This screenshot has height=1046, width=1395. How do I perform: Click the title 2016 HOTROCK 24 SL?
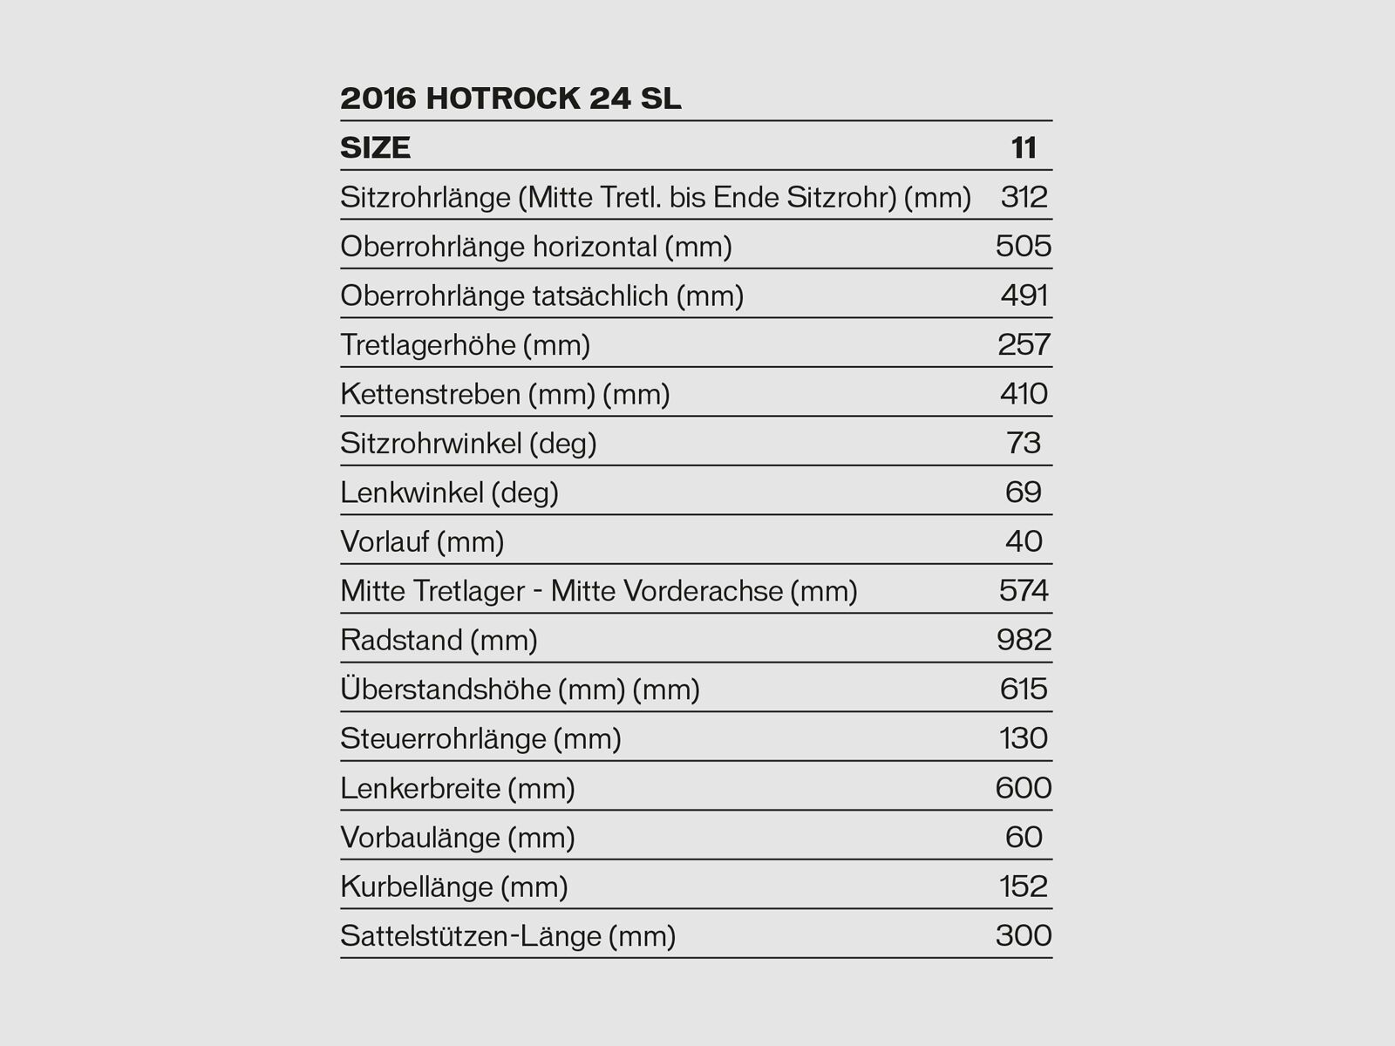coord(510,98)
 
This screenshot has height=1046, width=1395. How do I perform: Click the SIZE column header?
coord(375,147)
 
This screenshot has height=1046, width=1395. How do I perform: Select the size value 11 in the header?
coord(1024,147)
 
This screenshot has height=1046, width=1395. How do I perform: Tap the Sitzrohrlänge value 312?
coord(1024,197)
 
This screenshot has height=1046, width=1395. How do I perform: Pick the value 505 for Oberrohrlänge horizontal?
coord(1024,247)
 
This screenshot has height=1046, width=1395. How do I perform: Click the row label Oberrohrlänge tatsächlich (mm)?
coord(541,296)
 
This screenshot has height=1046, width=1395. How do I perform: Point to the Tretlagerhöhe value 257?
coord(1024,345)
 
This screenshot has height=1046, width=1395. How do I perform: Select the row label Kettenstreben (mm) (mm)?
coord(505,395)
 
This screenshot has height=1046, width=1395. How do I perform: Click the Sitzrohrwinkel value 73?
coord(1024,444)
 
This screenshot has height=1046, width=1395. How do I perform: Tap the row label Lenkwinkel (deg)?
coord(449,493)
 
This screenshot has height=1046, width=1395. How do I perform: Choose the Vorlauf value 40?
coord(1024,542)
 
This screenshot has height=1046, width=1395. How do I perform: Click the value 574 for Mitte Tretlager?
coord(1024,591)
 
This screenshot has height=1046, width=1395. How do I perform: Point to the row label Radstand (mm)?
coord(439,641)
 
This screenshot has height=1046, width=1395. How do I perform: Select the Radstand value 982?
coord(1024,641)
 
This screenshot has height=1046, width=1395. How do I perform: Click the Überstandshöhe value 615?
coord(1024,689)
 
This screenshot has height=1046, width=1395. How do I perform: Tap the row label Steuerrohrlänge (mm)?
coord(480,739)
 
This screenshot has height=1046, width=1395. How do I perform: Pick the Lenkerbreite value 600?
coord(1024,788)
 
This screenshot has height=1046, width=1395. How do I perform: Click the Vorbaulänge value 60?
coord(1024,838)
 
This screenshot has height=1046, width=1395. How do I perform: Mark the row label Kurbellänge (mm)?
coord(453,887)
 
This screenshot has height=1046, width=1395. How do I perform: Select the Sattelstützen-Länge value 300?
coord(1024,936)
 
